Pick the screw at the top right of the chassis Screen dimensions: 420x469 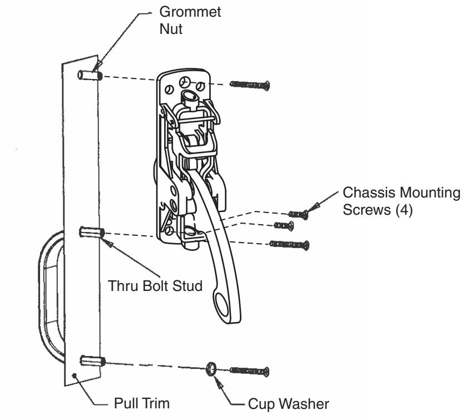[249, 85]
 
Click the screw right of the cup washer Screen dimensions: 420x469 [249, 370]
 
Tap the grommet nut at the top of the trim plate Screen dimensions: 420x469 [91, 75]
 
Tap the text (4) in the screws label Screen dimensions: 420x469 [403, 211]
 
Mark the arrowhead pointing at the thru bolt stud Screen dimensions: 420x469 [109, 243]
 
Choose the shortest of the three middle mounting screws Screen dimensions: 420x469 [284, 225]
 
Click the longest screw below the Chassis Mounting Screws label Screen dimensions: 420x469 [289, 244]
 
